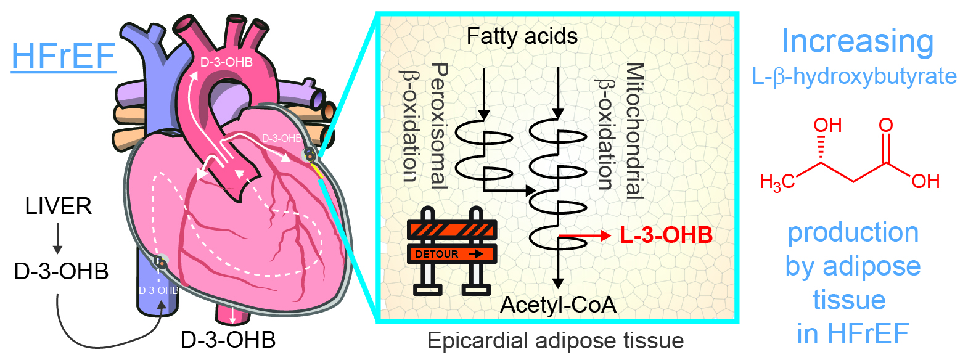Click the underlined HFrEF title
pyautogui.click(x=64, y=57)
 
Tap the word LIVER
pyautogui.click(x=59, y=206)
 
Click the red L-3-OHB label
pyautogui.click(x=666, y=235)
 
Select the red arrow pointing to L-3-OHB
pyautogui.click(x=583, y=235)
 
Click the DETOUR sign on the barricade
pyautogui.click(x=452, y=254)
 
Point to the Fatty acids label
pyautogui.click(x=522, y=36)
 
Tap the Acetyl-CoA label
pyautogui.click(x=558, y=305)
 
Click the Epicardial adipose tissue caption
pyautogui.click(x=555, y=340)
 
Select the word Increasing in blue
pyautogui.click(x=857, y=42)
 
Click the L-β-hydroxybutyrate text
pyautogui.click(x=854, y=76)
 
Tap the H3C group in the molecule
pyautogui.click(x=777, y=181)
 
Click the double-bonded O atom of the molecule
pyautogui.click(x=885, y=126)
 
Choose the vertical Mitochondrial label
pyautogui.click(x=634, y=131)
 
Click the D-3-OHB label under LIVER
pyautogui.click(x=61, y=271)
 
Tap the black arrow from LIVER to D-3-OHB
pyautogui.click(x=57, y=238)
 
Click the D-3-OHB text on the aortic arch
pyautogui.click(x=226, y=62)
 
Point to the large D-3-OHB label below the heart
pyautogui.click(x=228, y=340)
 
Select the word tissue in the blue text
pyautogui.click(x=849, y=300)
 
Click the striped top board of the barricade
pyautogui.click(x=452, y=230)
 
